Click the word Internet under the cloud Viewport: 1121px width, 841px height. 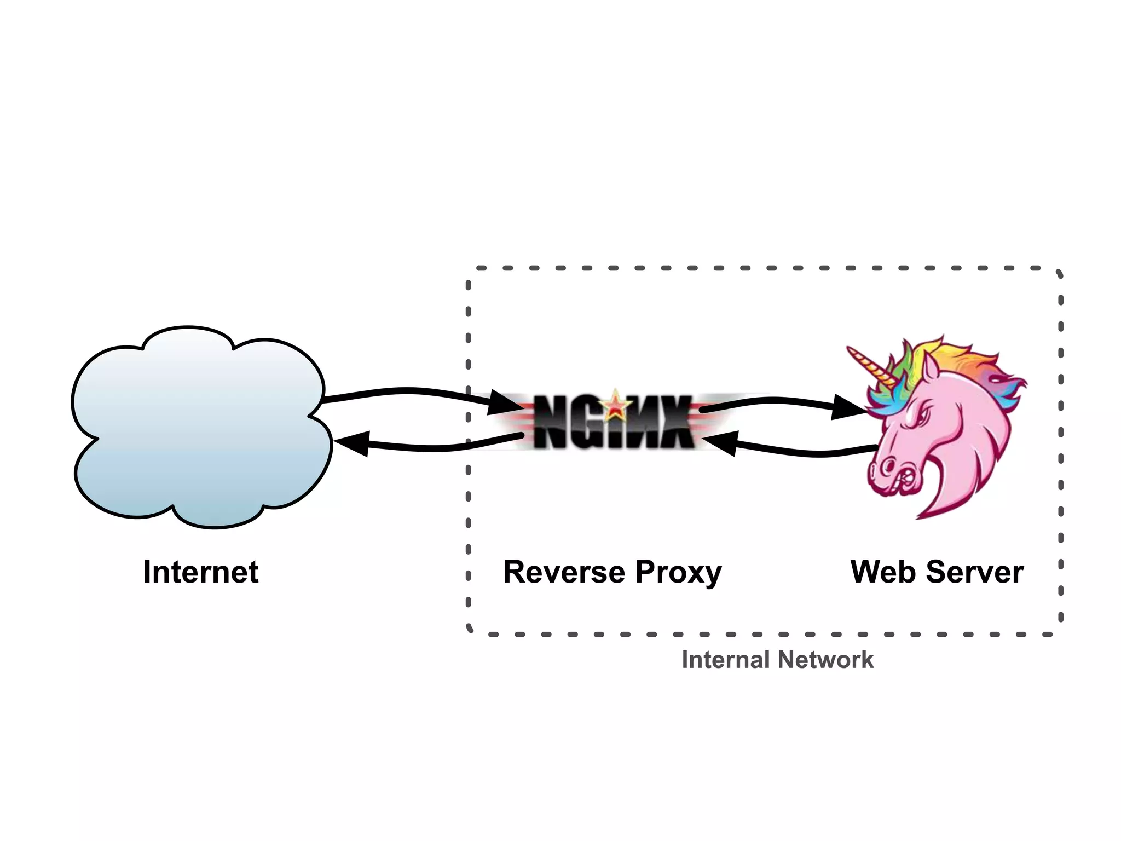click(x=200, y=572)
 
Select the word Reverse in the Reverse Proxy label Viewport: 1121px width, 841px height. click(x=564, y=572)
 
